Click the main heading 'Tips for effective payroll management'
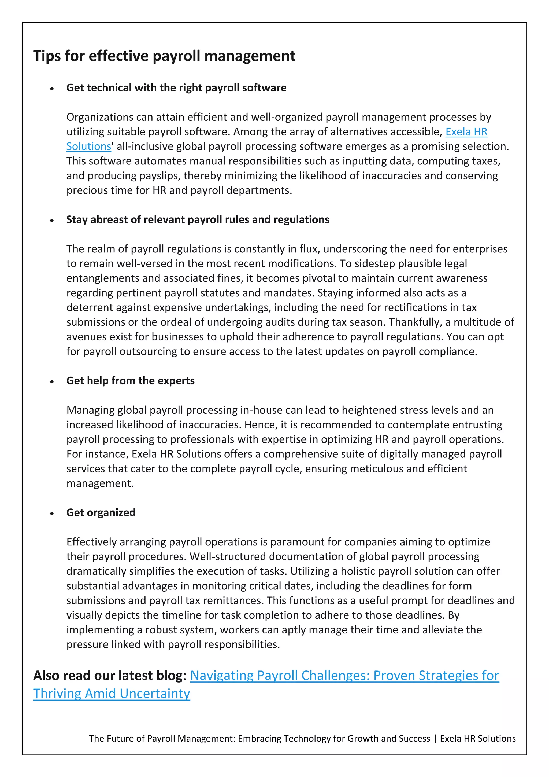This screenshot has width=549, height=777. coord(164,56)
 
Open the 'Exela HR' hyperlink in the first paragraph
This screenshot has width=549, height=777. coord(466,132)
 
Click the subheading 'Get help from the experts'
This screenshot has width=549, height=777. coord(131,381)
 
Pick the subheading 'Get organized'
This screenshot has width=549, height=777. coord(101,512)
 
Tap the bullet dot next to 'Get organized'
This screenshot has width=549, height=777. coord(52,514)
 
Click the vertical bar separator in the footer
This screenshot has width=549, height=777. coord(435,739)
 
